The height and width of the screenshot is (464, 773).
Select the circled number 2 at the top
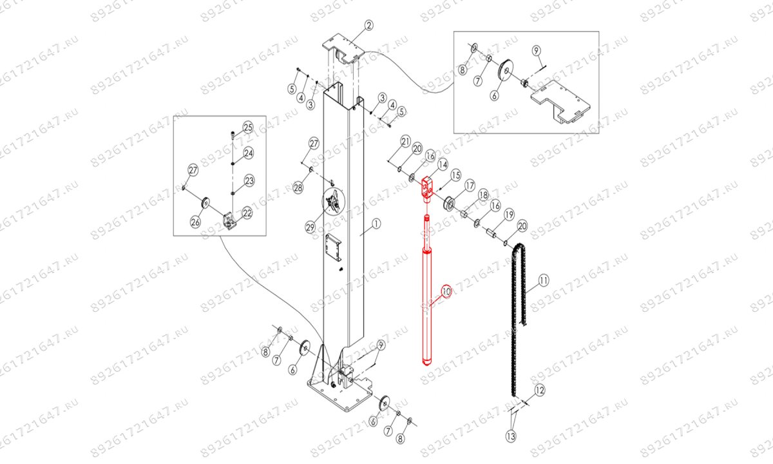point(368,26)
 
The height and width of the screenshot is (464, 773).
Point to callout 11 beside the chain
point(543,280)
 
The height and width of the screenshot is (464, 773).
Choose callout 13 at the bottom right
point(511,437)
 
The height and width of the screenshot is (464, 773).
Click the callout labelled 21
point(405,141)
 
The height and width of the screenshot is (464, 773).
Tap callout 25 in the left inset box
point(248,126)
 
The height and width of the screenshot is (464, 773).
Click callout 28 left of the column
point(298,188)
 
